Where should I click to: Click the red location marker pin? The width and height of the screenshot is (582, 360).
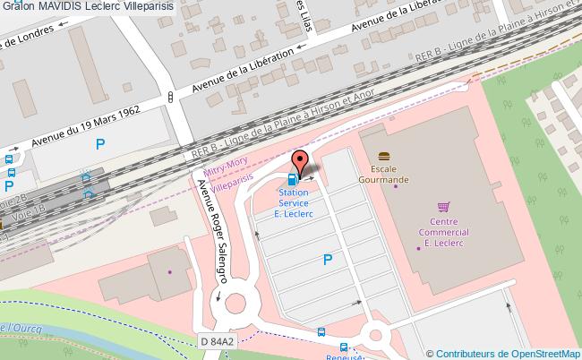tap(301, 162)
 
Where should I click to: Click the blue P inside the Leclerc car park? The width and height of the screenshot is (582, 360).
tap(329, 260)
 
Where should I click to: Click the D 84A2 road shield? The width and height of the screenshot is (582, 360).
tap(216, 341)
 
